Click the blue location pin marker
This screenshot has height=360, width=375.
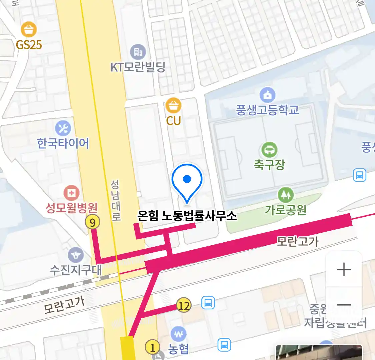point(187,180)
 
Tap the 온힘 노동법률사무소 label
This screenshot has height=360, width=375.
point(187,216)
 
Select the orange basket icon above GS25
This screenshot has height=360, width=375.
point(29,30)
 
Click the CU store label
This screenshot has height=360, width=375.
point(173,121)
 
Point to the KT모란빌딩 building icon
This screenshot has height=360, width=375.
point(138,52)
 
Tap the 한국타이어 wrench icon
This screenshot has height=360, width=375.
point(63,128)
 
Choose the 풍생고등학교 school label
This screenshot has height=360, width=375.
point(267,110)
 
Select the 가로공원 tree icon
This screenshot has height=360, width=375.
point(285,195)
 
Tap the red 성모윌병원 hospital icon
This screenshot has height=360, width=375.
point(71,193)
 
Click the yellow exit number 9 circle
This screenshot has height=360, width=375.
point(93,222)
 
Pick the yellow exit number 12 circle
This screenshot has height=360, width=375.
point(184,305)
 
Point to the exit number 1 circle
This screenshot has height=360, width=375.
point(152,348)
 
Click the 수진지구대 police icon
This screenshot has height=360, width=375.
point(76,255)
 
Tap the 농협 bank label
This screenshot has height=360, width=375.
point(178,349)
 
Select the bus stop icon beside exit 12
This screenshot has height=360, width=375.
point(208,303)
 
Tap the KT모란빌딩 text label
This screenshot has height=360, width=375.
point(138,67)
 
